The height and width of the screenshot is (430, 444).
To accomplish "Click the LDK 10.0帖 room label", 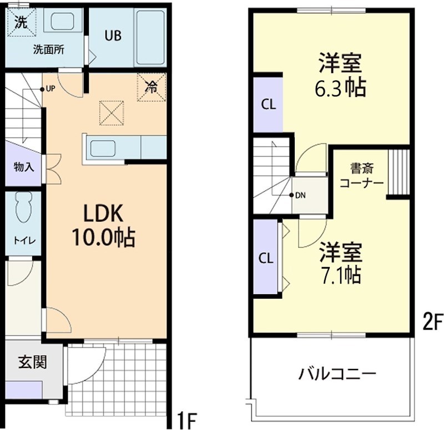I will [x=103, y=225].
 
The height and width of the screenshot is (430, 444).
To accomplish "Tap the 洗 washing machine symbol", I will [x=21, y=22].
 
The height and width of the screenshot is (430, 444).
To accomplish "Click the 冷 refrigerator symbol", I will [x=151, y=86].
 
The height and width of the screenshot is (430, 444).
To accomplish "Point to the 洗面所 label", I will [x=48, y=49].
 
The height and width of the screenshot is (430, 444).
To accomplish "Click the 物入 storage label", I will [x=23, y=166].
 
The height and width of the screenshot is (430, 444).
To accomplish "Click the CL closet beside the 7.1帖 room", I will [x=266, y=258].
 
